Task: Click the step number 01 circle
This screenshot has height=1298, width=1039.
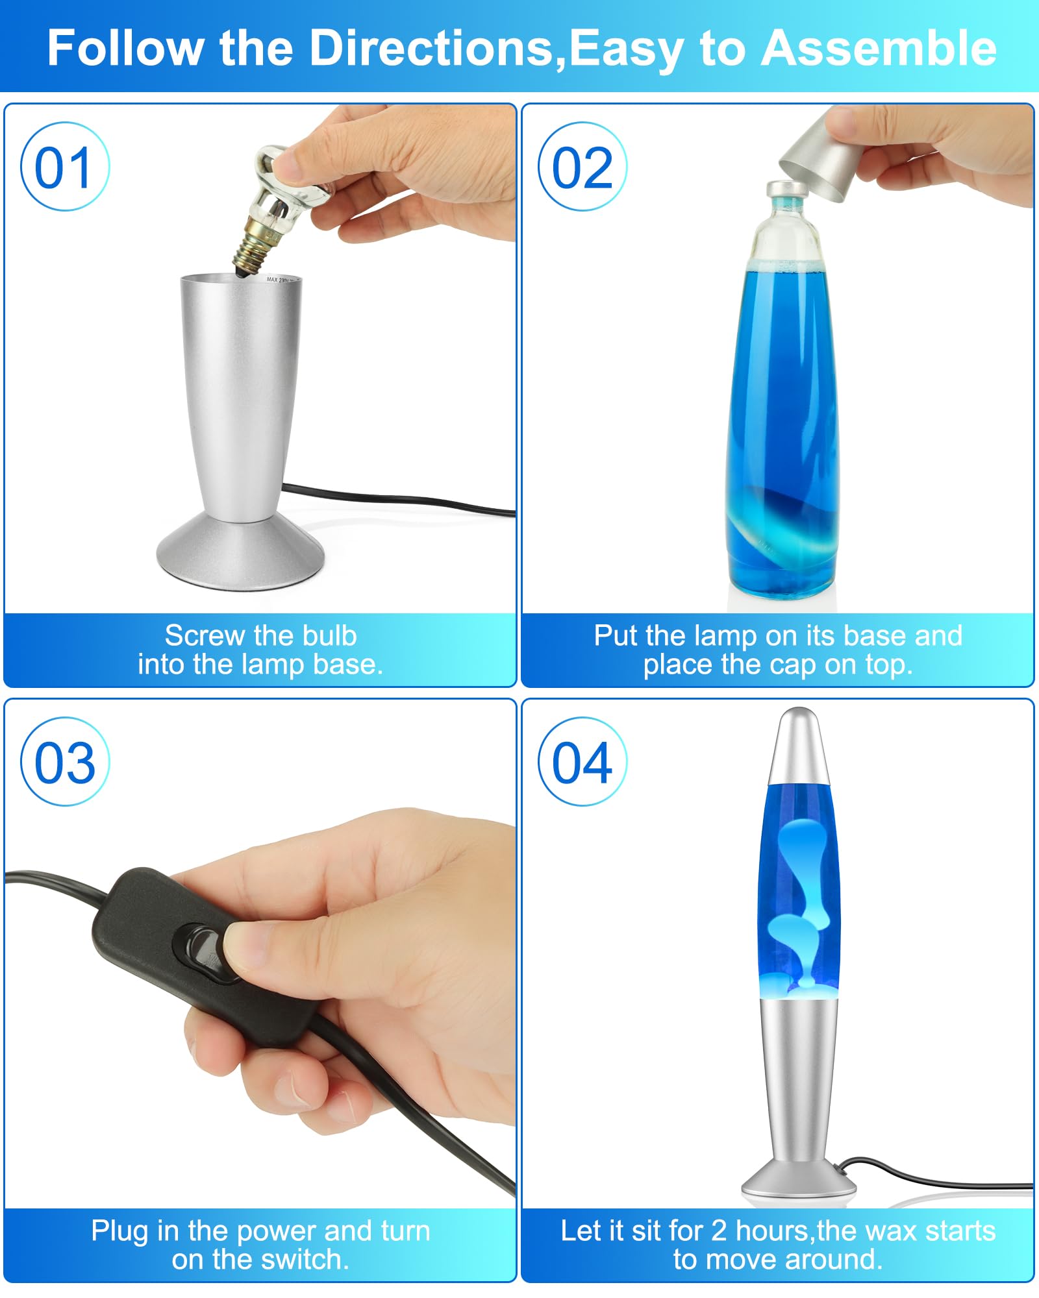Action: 65,166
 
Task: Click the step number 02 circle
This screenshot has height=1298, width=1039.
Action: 582,166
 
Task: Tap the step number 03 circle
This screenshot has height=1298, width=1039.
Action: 65,761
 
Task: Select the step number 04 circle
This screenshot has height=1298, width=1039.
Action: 582,761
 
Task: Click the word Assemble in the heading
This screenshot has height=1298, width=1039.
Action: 879,48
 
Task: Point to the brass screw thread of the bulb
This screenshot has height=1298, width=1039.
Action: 258,245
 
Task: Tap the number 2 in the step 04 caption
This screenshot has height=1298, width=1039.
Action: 719,1231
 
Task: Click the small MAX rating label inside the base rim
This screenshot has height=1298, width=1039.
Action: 281,280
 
